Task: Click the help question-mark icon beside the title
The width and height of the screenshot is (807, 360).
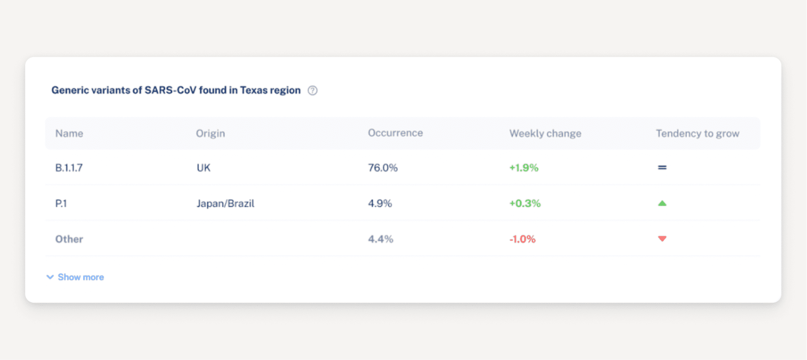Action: (x=313, y=90)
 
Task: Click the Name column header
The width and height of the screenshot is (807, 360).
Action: (x=69, y=134)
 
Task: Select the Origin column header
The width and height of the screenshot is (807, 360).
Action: (x=210, y=134)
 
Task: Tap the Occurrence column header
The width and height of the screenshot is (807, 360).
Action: (x=395, y=133)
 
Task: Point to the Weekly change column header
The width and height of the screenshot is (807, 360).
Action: (x=545, y=134)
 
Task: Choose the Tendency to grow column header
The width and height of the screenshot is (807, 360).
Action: (x=697, y=134)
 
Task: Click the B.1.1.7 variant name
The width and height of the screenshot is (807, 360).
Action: (x=69, y=168)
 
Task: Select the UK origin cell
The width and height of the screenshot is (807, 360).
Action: (x=203, y=168)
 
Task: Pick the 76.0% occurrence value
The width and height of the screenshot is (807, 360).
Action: (x=383, y=168)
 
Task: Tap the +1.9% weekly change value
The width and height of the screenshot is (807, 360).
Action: (x=524, y=168)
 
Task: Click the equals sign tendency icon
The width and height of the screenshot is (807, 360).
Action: (x=662, y=168)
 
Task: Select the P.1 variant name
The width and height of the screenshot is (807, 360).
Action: (x=61, y=204)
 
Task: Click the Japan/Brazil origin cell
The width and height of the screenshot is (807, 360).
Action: (x=226, y=204)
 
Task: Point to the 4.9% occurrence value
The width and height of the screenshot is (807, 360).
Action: (x=380, y=204)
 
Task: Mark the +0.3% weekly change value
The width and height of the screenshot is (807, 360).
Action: (x=525, y=204)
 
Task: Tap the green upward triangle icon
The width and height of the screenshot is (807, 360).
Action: (x=662, y=203)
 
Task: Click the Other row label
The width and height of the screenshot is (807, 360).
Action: (x=69, y=239)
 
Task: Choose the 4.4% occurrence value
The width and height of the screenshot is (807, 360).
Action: (x=381, y=239)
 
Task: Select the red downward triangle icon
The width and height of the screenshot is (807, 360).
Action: (x=662, y=239)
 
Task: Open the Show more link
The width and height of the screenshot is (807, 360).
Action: (x=80, y=277)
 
